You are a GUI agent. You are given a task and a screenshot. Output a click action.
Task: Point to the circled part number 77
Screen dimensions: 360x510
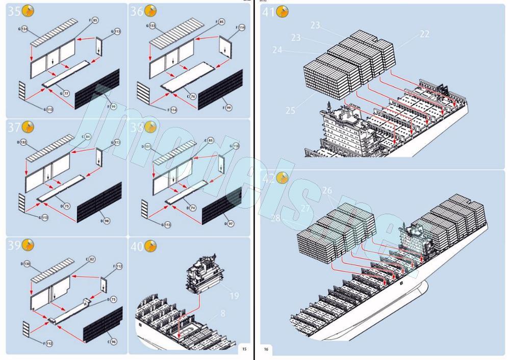pyautogui.click(x=66, y=93)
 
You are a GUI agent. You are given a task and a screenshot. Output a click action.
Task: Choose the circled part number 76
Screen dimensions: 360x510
pyautogui.click(x=192, y=96)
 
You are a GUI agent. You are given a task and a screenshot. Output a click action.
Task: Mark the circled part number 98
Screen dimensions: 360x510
pyautogui.click(x=106, y=221)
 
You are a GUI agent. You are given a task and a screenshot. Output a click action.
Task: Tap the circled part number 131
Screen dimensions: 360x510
pyautogui.click(x=148, y=146)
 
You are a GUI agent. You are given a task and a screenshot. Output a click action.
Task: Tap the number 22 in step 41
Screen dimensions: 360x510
pyautogui.click(x=424, y=34)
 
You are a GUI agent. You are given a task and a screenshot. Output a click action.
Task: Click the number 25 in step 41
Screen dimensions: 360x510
pyautogui.click(x=290, y=110)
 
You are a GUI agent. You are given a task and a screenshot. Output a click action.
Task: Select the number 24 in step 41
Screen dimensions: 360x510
pyautogui.click(x=277, y=50)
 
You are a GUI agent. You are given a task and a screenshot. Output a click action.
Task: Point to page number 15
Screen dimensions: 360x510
pyautogui.click(x=244, y=349)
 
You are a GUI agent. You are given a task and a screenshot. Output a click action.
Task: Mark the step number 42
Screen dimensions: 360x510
pyautogui.click(x=269, y=178)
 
